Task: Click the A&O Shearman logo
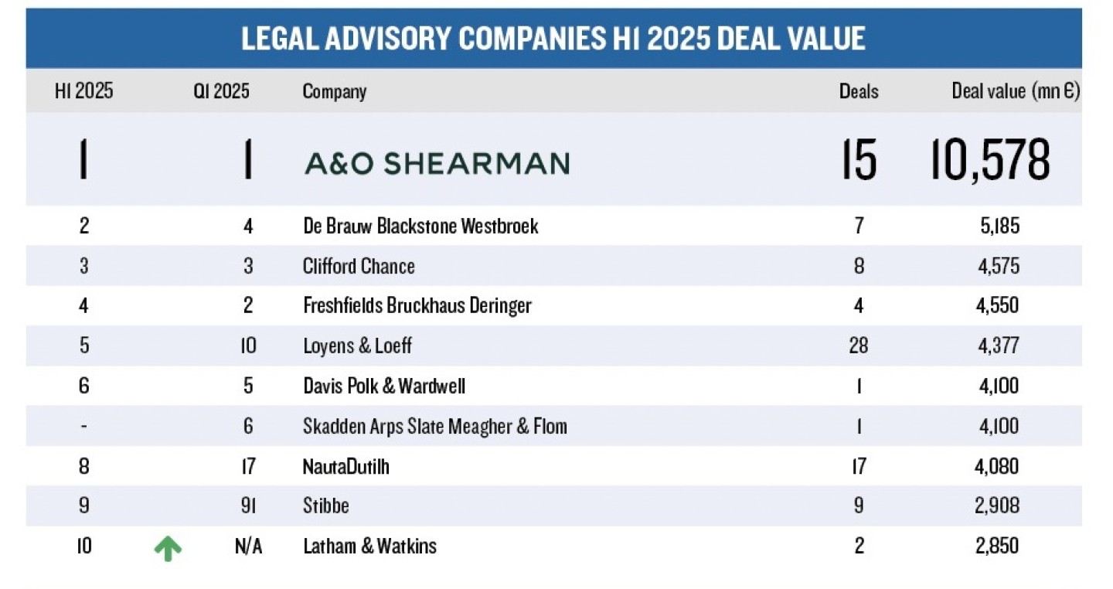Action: pyautogui.click(x=437, y=163)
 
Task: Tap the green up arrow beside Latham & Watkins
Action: pyautogui.click(x=168, y=548)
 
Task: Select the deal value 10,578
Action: pyautogui.click(x=990, y=160)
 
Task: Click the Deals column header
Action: pyautogui.click(x=859, y=91)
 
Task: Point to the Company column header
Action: pyautogui.click(x=334, y=91)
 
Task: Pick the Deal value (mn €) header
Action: pyautogui.click(x=1016, y=91)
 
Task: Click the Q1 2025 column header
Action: pyautogui.click(x=221, y=91)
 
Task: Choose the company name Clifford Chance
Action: pyautogui.click(x=359, y=266)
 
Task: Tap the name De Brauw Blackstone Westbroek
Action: pyautogui.click(x=420, y=226)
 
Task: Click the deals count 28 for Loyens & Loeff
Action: pyautogui.click(x=858, y=345)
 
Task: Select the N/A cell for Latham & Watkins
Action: pyautogui.click(x=248, y=546)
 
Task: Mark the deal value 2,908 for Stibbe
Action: pyautogui.click(x=999, y=506)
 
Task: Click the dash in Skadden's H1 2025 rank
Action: pyautogui.click(x=83, y=426)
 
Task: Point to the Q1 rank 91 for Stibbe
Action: pyautogui.click(x=247, y=506)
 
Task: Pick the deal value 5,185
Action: pyautogui.click(x=999, y=226)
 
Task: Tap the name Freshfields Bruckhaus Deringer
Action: pyautogui.click(x=417, y=305)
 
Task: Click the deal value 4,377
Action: pyautogui.click(x=999, y=345)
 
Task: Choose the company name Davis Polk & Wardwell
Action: pyautogui.click(x=384, y=385)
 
